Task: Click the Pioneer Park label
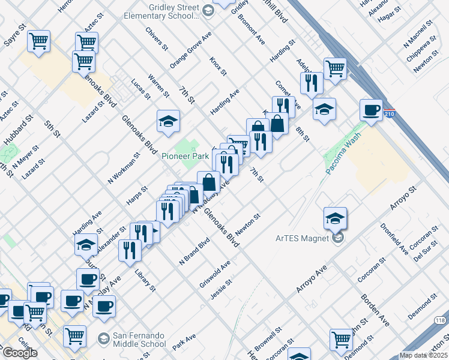(x=185, y=156)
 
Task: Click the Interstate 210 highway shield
(x=389, y=112)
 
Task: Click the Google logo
(x=20, y=353)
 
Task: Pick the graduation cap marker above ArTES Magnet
(x=335, y=218)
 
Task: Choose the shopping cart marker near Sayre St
(x=39, y=42)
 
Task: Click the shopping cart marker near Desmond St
(x=341, y=339)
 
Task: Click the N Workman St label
(x=124, y=167)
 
